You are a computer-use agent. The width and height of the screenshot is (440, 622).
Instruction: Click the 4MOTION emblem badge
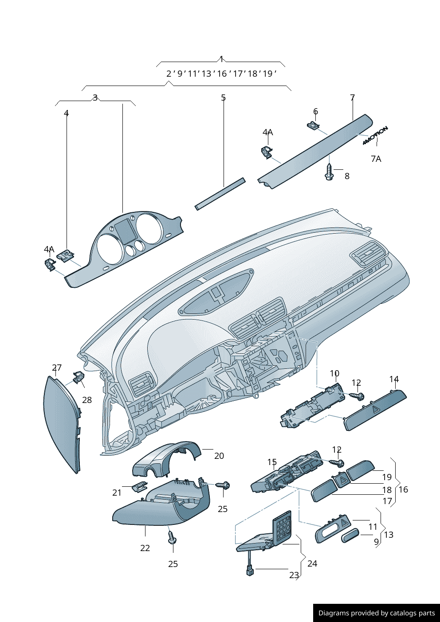click(x=375, y=135)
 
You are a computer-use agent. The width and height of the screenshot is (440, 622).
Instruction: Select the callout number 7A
click(x=376, y=159)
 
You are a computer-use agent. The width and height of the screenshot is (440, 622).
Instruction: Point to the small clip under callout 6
click(x=314, y=126)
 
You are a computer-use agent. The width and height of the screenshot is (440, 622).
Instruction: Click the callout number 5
click(x=224, y=98)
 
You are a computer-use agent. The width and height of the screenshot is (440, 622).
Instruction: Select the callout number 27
click(x=57, y=368)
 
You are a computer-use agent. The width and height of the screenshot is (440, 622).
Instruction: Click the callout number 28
click(x=87, y=399)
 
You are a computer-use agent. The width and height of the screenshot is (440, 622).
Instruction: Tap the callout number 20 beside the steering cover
click(x=219, y=456)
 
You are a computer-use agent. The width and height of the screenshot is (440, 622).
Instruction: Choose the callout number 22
click(x=145, y=548)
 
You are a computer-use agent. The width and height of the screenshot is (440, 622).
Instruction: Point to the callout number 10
click(x=334, y=374)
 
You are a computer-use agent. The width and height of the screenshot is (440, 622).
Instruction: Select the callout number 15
click(x=272, y=462)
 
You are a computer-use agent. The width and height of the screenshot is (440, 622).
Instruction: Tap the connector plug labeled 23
click(x=250, y=572)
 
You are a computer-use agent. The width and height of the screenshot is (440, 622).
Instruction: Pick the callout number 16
click(x=403, y=489)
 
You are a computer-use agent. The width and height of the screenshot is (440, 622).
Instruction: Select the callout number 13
click(x=389, y=535)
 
